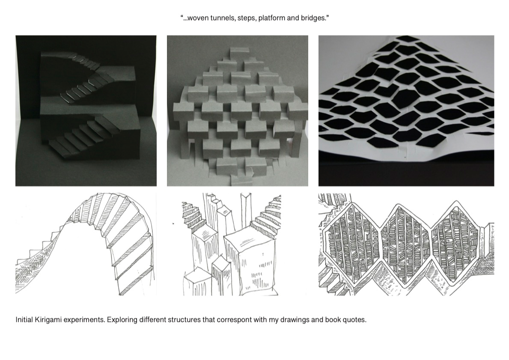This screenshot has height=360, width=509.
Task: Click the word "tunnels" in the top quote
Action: pos(223,18)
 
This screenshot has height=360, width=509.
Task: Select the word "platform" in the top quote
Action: pos(271,18)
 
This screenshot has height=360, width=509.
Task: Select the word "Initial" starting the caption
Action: pos(24,320)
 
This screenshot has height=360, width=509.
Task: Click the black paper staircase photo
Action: pos(86,111)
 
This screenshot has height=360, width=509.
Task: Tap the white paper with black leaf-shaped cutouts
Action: pos(406,98)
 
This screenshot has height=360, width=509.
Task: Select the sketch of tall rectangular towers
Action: pos(231,244)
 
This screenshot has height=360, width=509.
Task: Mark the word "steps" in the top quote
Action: pos(247,18)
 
